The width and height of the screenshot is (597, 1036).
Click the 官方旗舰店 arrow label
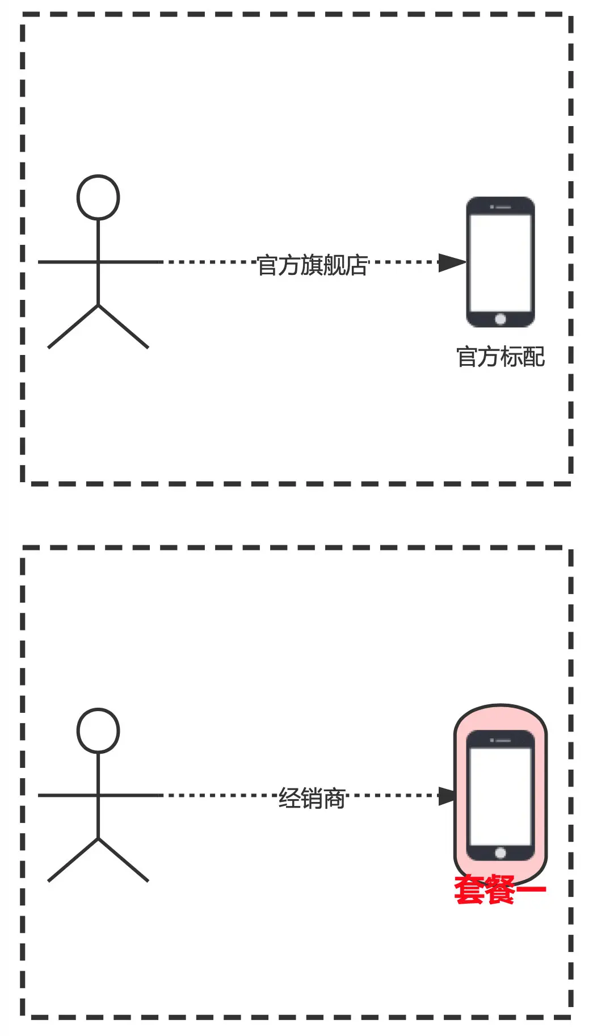(x=312, y=265)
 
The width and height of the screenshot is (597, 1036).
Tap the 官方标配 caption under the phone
(x=501, y=357)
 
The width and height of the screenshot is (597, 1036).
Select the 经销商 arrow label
(x=312, y=799)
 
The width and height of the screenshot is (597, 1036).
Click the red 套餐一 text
(x=499, y=889)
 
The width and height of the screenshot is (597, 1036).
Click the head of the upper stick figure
(x=98, y=197)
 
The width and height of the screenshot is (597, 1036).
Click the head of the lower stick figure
(x=98, y=730)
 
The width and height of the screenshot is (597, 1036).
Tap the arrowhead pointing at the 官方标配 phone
(x=452, y=262)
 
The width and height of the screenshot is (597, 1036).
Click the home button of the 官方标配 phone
(x=500, y=319)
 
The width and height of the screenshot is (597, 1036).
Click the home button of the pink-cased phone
(x=500, y=853)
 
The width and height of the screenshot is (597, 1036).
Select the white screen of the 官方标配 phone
(x=500, y=262)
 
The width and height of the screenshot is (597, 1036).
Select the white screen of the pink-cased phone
(x=500, y=796)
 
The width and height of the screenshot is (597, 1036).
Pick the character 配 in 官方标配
(x=534, y=357)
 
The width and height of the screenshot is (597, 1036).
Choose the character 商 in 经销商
(x=334, y=799)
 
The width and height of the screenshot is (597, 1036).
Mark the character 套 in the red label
(x=469, y=889)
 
